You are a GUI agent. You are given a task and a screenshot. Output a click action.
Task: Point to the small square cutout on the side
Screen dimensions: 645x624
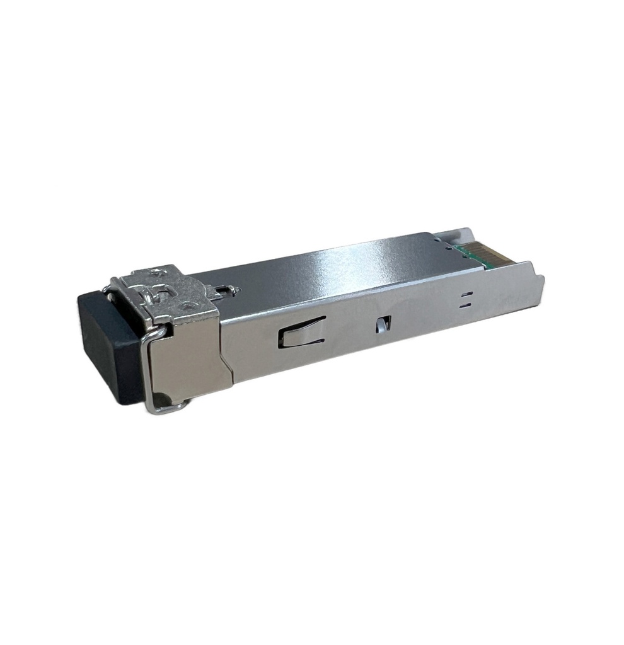pos(381,324)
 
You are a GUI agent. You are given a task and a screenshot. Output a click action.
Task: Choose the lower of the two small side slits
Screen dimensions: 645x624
pos(465,305)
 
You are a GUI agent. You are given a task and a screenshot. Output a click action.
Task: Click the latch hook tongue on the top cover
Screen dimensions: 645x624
pos(226,290)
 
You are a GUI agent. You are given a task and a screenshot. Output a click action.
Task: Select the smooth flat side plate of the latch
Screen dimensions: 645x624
pos(189,359)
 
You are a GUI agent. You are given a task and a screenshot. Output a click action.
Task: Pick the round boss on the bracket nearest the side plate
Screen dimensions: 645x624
pos(187,305)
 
